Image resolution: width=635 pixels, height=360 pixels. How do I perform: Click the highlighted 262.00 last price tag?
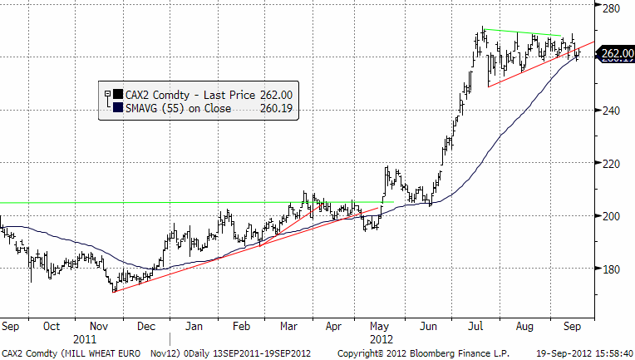615,56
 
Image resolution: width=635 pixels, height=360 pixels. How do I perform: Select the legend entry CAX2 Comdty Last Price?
204,95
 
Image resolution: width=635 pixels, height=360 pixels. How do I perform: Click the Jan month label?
195,327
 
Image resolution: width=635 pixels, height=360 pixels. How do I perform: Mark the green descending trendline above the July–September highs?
524,33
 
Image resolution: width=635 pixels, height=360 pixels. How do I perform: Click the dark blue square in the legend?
117,107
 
